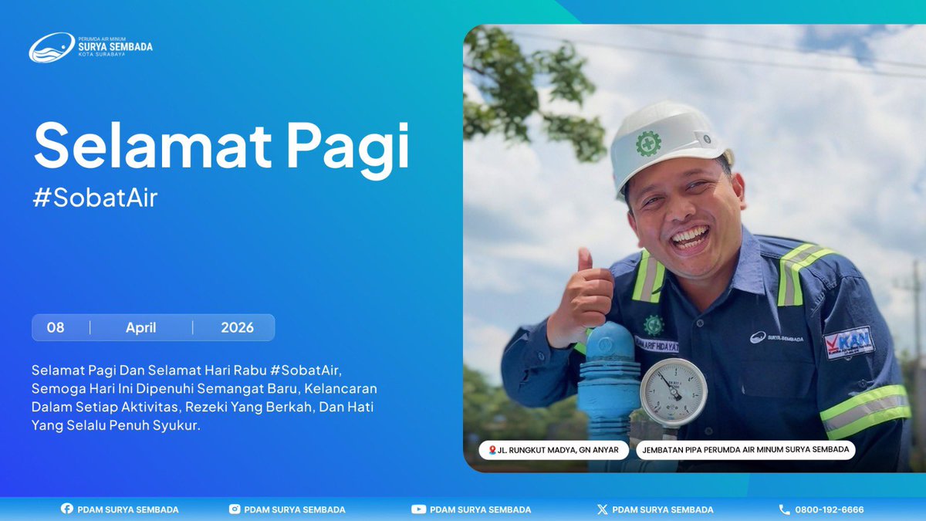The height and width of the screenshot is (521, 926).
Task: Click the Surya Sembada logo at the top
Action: pyautogui.click(x=90, y=47)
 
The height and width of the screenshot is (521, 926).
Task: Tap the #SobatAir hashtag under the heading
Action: pyautogui.click(x=95, y=198)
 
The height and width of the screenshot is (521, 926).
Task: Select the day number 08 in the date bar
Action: pyautogui.click(x=56, y=327)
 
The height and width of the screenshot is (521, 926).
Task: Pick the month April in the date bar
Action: pyautogui.click(x=140, y=327)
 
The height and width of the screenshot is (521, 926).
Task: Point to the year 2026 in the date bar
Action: pyautogui.click(x=237, y=327)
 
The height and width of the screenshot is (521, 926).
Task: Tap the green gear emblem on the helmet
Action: pyautogui.click(x=648, y=143)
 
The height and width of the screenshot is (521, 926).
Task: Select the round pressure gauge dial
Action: pyautogui.click(x=673, y=392)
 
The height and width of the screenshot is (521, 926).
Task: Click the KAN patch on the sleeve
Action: pyautogui.click(x=849, y=342)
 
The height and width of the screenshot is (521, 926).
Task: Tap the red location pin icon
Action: pyautogui.click(x=492, y=450)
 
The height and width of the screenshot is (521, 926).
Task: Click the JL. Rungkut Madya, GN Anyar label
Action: pyautogui.click(x=553, y=450)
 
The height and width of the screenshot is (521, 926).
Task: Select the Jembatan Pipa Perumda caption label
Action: pyautogui.click(x=745, y=450)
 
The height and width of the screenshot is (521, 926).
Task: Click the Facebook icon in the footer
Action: pyautogui.click(x=66, y=509)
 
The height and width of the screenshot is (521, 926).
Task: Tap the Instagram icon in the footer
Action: pyautogui.click(x=235, y=509)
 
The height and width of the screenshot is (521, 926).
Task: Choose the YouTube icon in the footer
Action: pyautogui.click(x=418, y=509)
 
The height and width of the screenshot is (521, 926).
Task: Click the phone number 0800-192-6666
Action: pyautogui.click(x=830, y=509)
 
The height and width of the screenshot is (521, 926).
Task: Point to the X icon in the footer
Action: pyautogui.click(x=603, y=509)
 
